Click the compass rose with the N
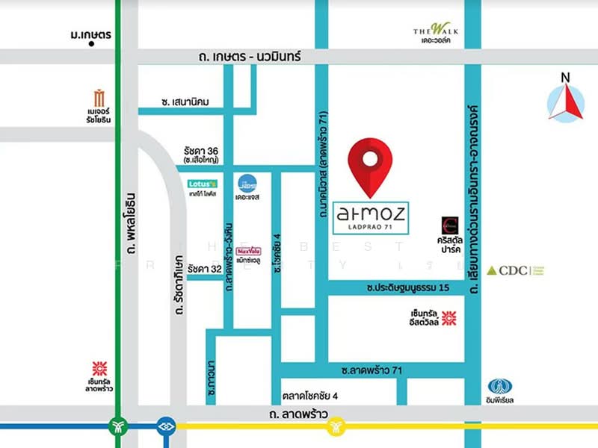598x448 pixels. click(565, 102)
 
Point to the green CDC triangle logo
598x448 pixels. click(493, 270)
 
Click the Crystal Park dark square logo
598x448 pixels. click(450, 223)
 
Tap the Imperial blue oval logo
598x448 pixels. click(500, 387)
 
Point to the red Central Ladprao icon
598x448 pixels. click(99, 368)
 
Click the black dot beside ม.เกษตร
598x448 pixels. click(91, 44)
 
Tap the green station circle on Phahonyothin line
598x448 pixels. click(118, 427)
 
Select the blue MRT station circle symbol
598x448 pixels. click(166, 427)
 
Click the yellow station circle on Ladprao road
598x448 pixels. click(337, 427)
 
